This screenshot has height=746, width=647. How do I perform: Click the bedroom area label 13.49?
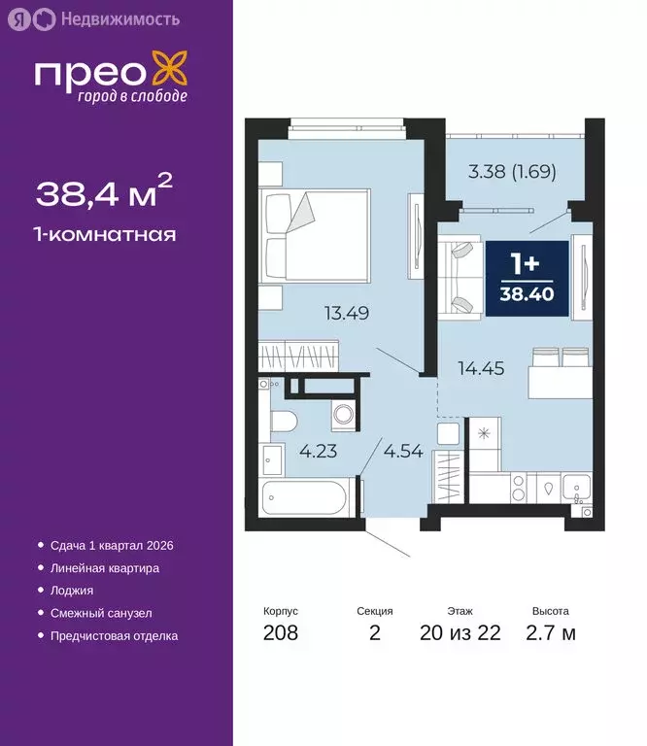(348, 313)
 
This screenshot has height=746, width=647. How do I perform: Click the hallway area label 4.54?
(402, 451)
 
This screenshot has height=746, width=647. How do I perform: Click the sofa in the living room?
(460, 279)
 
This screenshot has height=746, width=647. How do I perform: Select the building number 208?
(280, 634)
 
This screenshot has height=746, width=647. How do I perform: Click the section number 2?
(374, 634)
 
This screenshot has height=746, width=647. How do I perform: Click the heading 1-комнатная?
(106, 234)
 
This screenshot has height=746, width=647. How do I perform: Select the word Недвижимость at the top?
(106, 17)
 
